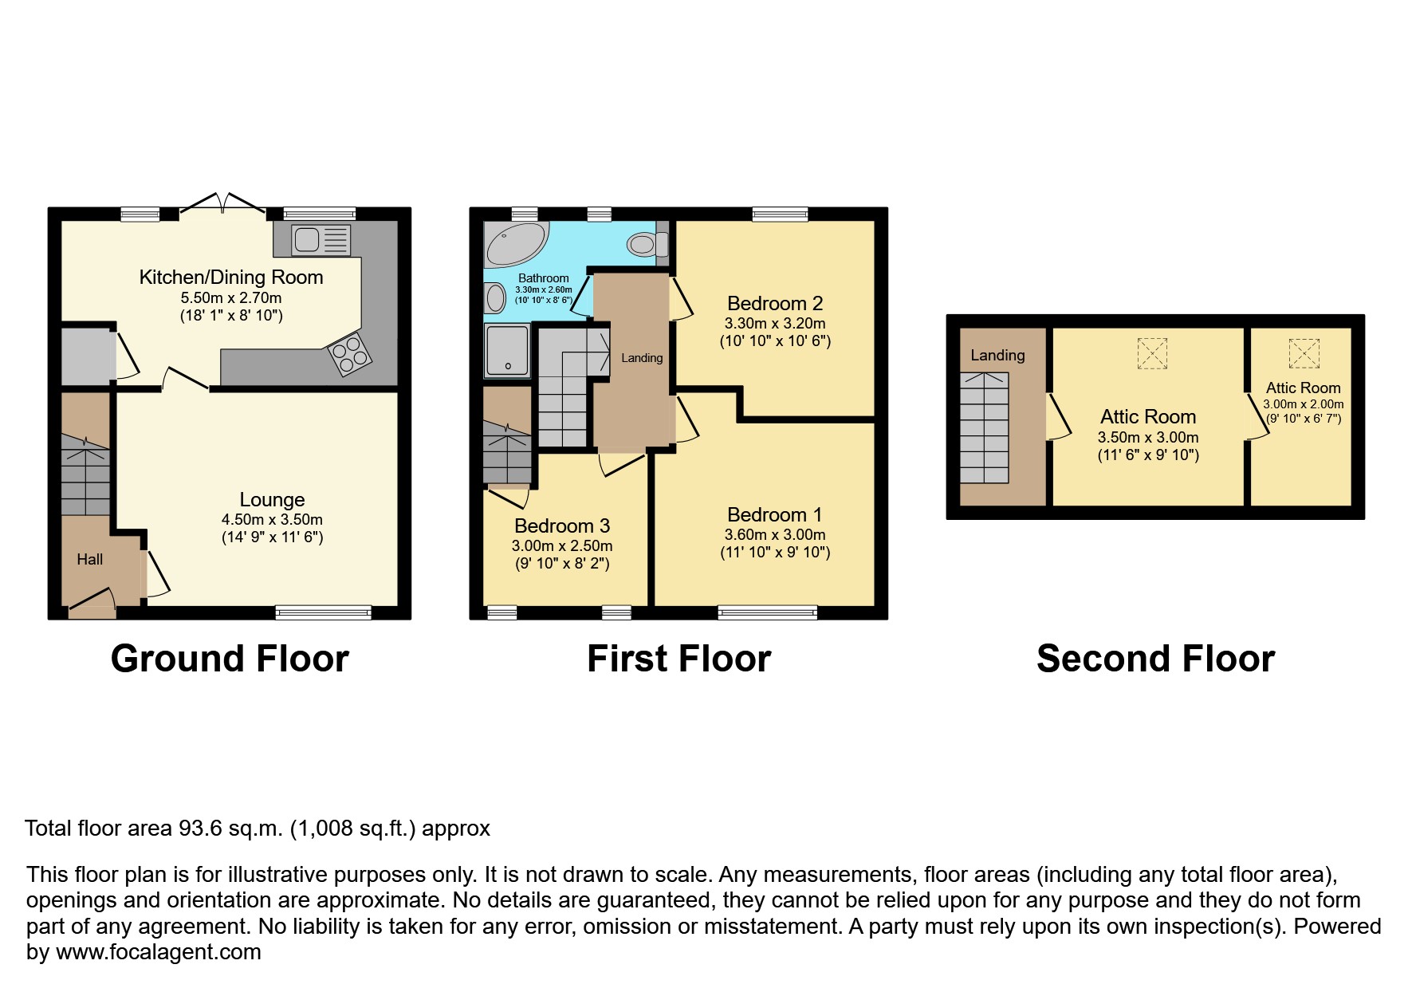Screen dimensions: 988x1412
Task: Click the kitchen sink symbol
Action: (x=321, y=240)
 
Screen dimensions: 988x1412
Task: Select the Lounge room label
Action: (x=272, y=500)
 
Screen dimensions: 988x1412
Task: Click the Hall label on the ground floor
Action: (x=89, y=560)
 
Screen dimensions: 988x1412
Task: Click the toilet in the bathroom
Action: (x=646, y=243)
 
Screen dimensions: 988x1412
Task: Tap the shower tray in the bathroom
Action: (x=506, y=350)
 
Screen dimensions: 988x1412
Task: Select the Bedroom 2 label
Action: (x=774, y=304)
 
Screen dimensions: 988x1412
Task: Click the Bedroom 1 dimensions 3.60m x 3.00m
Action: (x=774, y=535)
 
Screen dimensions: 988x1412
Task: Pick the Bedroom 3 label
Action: (x=561, y=526)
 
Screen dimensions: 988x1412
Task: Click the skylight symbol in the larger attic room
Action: (x=1151, y=353)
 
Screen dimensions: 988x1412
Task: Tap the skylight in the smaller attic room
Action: (x=1304, y=352)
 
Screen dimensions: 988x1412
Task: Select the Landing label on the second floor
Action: (x=997, y=356)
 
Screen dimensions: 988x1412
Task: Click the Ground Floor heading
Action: (x=230, y=659)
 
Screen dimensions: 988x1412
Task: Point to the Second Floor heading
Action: (x=1154, y=659)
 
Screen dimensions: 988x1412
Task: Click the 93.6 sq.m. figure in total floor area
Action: (x=230, y=829)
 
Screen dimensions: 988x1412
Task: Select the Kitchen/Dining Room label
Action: (x=231, y=278)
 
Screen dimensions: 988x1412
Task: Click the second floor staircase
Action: (x=984, y=427)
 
